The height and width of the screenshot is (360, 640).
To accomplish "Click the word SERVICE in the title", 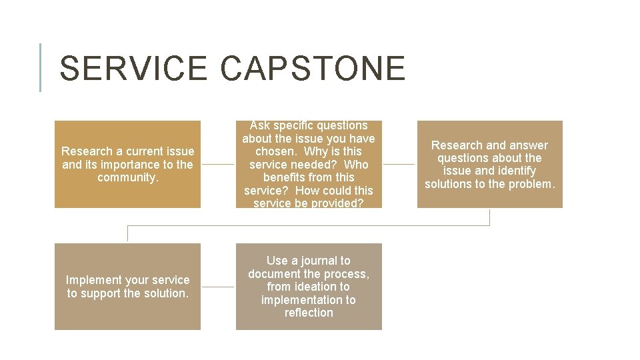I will pyautogui.click(x=133, y=69).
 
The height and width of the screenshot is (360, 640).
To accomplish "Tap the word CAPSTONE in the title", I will pyautogui.click(x=312, y=69).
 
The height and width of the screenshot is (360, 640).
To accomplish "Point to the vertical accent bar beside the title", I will pyautogui.click(x=41, y=67).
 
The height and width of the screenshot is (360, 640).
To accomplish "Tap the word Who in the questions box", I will pyautogui.click(x=355, y=164).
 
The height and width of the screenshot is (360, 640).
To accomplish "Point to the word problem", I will pyautogui.click(x=531, y=184).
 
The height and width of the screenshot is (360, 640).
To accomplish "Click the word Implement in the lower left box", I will pyautogui.click(x=94, y=280).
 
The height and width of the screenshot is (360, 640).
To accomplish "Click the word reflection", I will pyautogui.click(x=309, y=313).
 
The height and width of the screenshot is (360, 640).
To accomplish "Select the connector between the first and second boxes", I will pyautogui.click(x=218, y=164).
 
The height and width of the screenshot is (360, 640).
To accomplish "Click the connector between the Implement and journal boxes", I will pyautogui.click(x=218, y=287).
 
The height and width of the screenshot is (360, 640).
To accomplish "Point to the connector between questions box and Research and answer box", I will pyautogui.click(x=399, y=164).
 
